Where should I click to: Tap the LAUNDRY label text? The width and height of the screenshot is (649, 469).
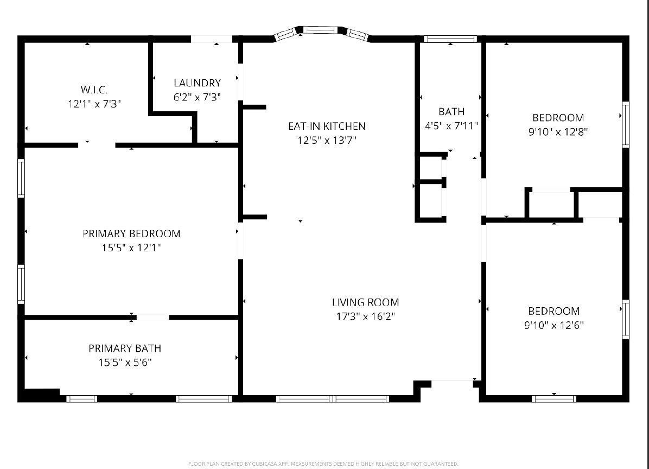pos(197,83)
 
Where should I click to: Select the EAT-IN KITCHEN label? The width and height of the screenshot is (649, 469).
pos(327,126)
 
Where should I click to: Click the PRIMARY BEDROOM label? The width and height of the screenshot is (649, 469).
pos(131,234)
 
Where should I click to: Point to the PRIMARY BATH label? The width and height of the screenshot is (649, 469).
pos(125,348)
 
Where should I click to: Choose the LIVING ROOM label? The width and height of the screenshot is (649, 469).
pos(365,302)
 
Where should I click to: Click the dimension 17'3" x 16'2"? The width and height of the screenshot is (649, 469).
pos(365,316)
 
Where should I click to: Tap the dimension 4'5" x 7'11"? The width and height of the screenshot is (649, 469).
pos(451,126)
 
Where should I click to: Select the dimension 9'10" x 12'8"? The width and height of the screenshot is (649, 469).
pos(558,131)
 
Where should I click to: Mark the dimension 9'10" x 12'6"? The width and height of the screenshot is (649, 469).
pos(554,325)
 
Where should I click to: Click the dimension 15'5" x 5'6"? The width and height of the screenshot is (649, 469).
pos(125,362)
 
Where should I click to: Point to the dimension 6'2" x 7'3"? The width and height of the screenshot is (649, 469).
pos(197,97)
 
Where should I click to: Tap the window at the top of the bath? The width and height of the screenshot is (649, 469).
pos(450,39)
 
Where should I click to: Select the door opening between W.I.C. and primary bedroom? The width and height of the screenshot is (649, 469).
pos(97,145)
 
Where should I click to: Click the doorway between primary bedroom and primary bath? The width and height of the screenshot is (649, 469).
pos(152,317)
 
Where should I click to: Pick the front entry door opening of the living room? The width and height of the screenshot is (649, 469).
pos(452,383)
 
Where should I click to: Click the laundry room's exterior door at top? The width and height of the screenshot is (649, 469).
pos(212,40)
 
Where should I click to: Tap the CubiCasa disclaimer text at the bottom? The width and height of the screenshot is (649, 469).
pos(323,464)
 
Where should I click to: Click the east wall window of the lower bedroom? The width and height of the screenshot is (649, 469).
pos(625,320)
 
